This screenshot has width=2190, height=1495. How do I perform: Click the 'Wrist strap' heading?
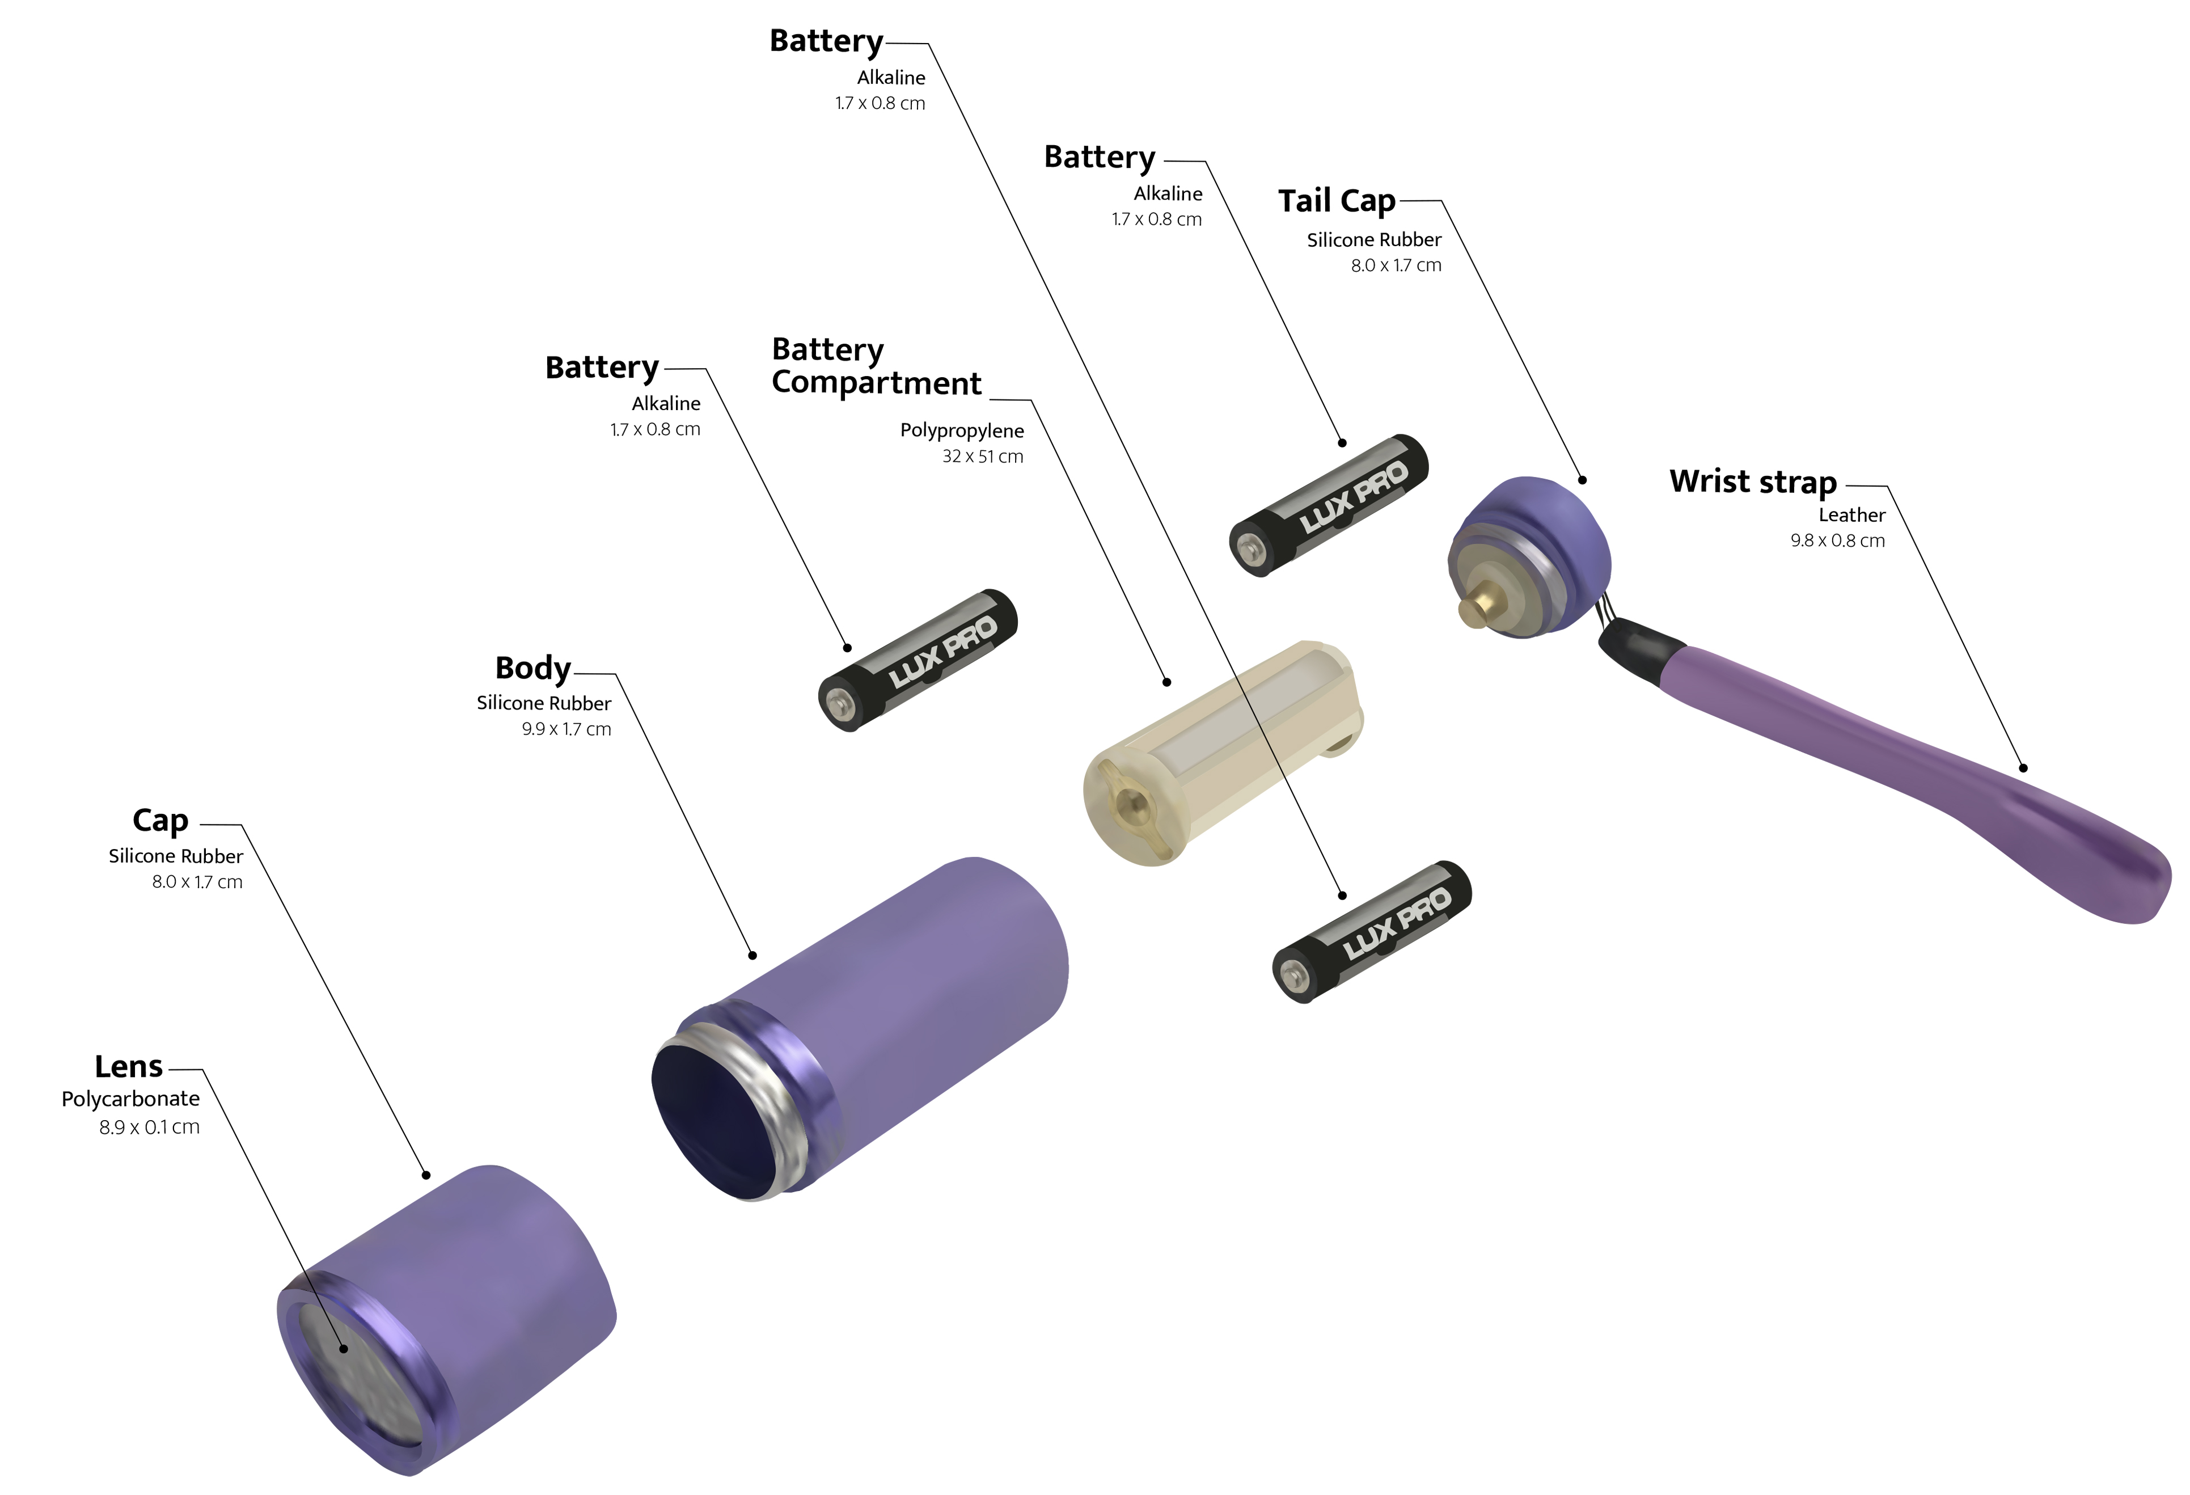point(1753,482)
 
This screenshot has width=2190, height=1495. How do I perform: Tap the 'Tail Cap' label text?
point(1336,201)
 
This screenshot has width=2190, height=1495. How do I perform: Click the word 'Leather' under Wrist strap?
point(1851,514)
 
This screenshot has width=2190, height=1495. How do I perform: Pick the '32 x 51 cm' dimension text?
point(982,456)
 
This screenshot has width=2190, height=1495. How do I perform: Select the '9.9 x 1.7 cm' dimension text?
point(566,729)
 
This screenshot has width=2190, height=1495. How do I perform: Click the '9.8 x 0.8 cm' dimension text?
point(1837,540)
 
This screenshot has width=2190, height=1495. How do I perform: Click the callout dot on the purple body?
point(752,955)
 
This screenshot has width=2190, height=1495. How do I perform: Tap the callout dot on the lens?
point(344,1349)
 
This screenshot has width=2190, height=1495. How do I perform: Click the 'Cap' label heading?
point(160,820)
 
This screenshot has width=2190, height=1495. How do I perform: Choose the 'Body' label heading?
point(532,668)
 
